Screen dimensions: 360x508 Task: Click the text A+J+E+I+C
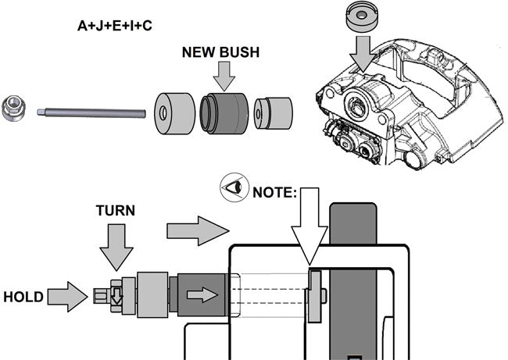(x=115, y=26)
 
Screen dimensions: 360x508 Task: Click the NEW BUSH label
(x=221, y=53)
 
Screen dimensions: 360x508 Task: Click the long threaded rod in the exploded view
(x=92, y=113)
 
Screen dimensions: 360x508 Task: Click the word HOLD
(x=23, y=297)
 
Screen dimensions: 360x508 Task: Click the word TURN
(x=116, y=212)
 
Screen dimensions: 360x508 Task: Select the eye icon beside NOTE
(x=232, y=190)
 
